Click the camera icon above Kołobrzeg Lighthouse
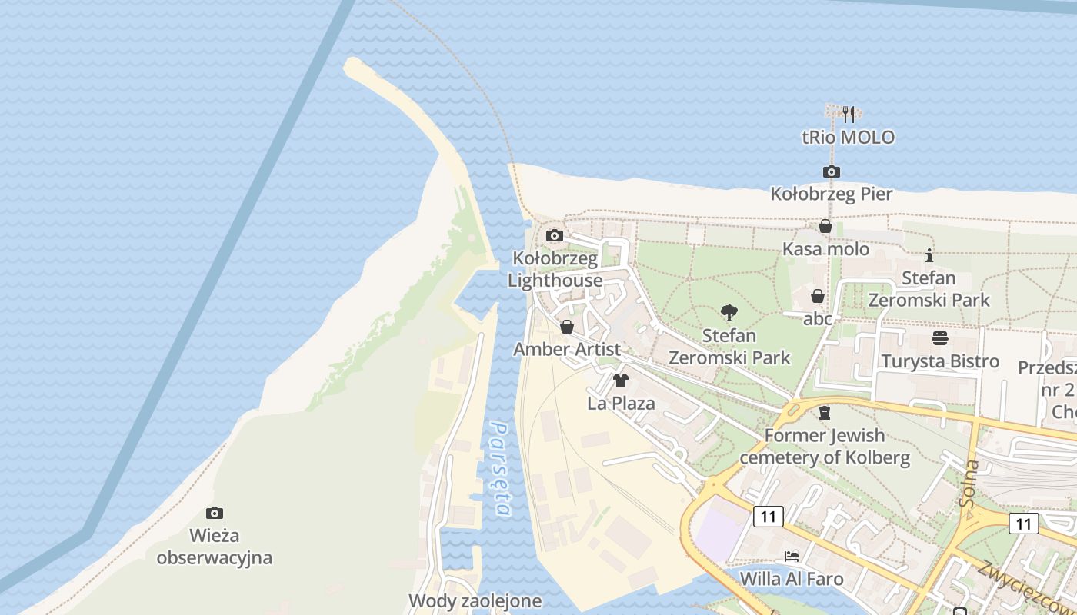click(554, 235)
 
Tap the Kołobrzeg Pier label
click(832, 194)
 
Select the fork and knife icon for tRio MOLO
click(849, 115)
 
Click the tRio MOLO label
click(848, 138)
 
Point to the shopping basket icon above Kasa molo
click(825, 226)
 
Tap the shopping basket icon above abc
click(818, 296)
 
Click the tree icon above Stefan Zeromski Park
click(729, 313)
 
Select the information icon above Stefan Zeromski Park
click(929, 255)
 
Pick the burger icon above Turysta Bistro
click(939, 338)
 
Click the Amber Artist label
click(566, 349)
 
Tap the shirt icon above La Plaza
click(621, 380)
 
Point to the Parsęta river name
click(501, 469)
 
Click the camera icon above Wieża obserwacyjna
click(215, 513)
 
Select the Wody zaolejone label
click(475, 600)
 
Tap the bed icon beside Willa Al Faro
click(792, 556)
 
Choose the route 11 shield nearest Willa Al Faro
click(768, 516)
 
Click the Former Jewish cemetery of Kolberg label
click(825, 447)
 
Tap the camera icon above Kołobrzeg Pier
click(831, 171)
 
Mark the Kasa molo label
click(825, 249)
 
